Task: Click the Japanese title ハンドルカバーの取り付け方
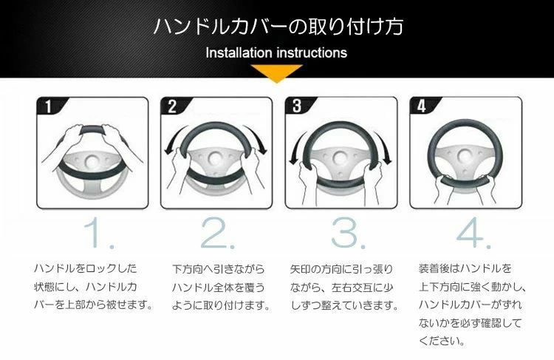pos(278,26)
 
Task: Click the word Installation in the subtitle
pos(239,52)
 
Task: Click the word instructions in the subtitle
pos(311,52)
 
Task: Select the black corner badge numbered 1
pos(49,106)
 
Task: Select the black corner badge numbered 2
pos(173,106)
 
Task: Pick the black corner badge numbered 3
pos(298,106)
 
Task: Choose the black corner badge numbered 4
pos(423,106)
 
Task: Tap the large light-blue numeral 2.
pos(216,233)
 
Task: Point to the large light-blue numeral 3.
pos(348,233)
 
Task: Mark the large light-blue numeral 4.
pos(473,233)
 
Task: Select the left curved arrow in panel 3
pos(296,147)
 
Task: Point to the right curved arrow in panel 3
pos(384,147)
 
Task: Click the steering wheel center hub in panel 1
pos(92,162)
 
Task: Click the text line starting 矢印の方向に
pos(341,269)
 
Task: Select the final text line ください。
pos(442,341)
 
